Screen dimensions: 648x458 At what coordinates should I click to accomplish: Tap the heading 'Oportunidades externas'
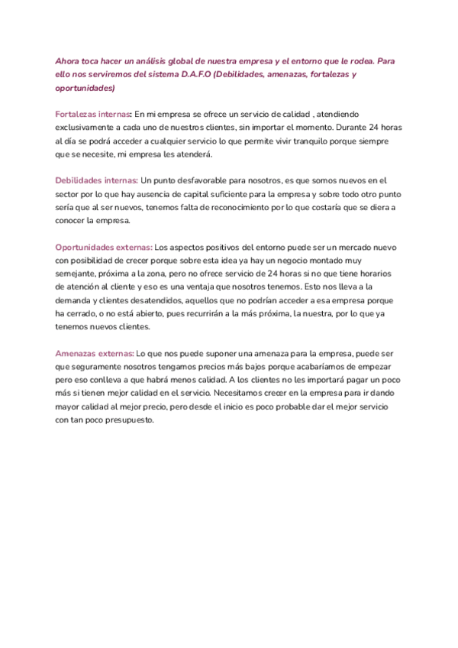(x=103, y=248)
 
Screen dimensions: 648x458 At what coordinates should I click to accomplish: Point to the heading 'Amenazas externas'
(x=94, y=353)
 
